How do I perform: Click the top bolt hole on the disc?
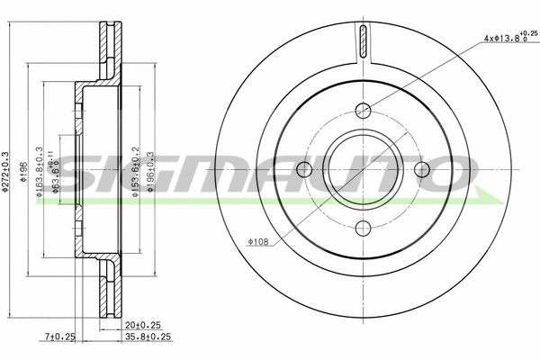364,111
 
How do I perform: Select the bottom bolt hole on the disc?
364,228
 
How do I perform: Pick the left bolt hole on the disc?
305,169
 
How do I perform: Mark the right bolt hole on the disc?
422,169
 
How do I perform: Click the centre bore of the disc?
364,169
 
